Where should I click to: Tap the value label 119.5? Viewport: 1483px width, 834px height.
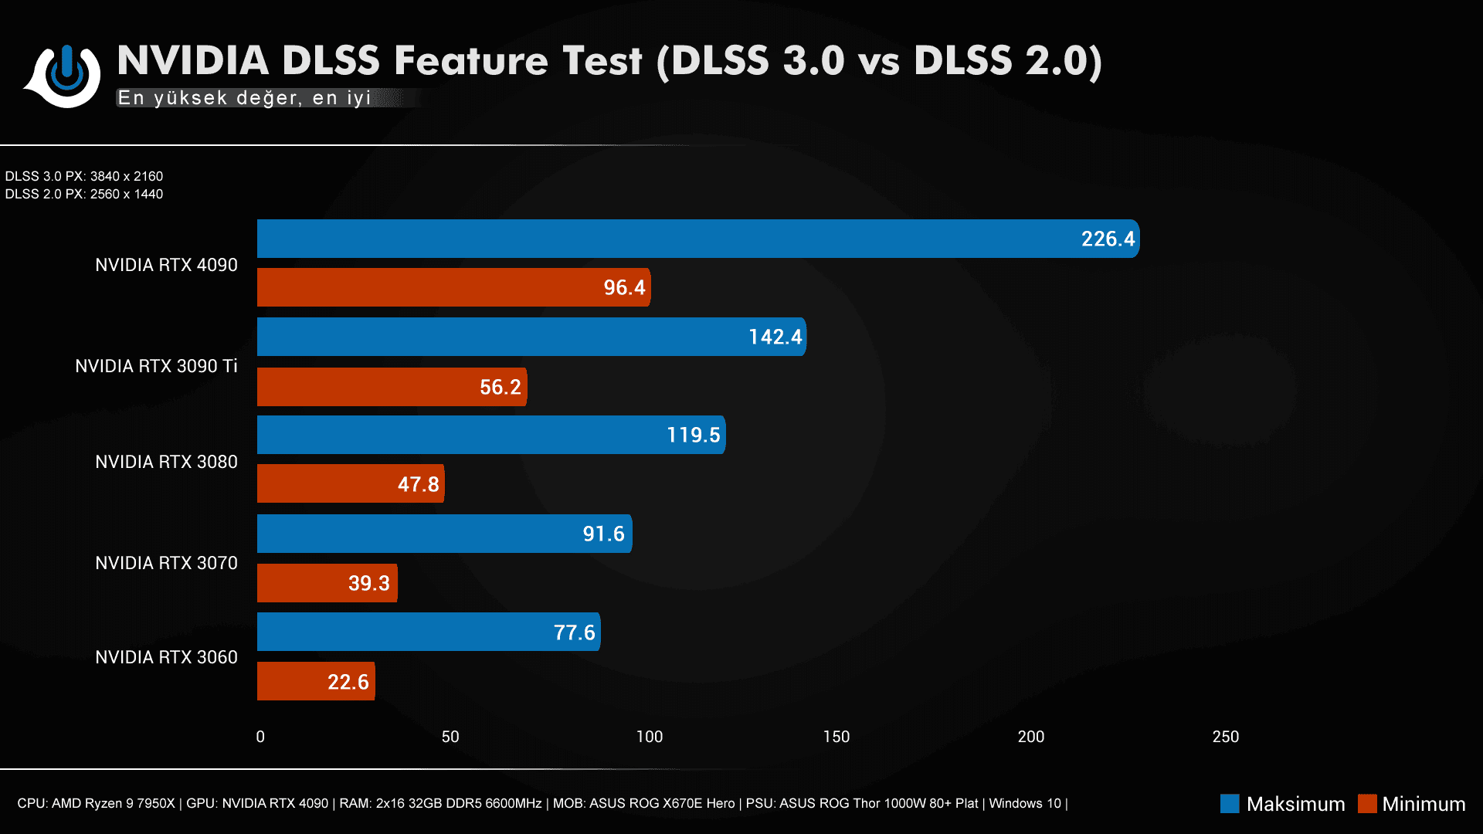click(693, 436)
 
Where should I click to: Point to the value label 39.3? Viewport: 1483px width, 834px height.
click(368, 583)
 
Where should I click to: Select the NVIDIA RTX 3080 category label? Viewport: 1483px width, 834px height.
click(166, 462)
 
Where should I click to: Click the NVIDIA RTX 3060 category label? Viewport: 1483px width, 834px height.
click(166, 657)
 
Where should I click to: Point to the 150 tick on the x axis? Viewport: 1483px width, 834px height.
click(837, 737)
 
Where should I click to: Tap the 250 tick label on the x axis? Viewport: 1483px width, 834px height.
click(1226, 737)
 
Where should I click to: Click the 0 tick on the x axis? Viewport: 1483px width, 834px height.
click(260, 737)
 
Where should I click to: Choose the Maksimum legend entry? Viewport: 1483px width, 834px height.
click(1282, 804)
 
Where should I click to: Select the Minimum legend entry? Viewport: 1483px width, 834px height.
click(1412, 804)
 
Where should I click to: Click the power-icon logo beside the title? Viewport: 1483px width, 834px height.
click(66, 75)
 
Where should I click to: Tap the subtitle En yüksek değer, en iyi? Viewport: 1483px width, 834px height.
click(244, 98)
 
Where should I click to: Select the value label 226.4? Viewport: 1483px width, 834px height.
click(1108, 239)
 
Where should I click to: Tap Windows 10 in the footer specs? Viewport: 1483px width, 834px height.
click(1025, 803)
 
